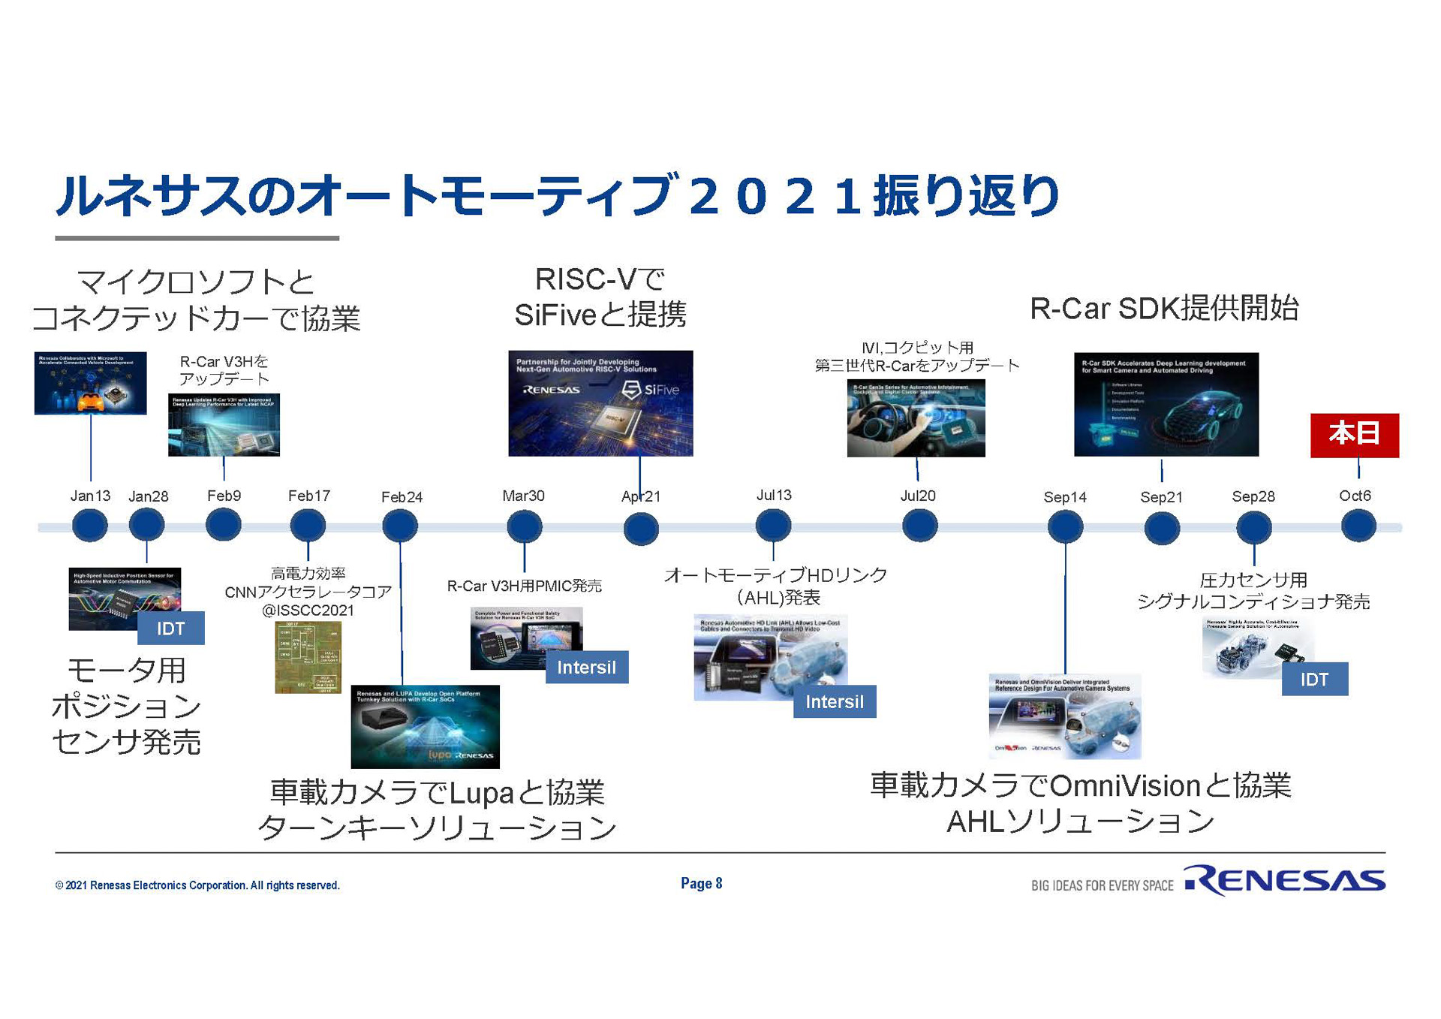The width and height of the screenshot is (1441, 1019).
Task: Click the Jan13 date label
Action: [x=90, y=496]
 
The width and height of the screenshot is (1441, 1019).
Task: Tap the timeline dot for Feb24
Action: [x=400, y=526]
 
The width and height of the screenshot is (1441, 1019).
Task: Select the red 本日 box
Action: [x=1354, y=435]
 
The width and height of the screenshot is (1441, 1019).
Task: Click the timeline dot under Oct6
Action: [x=1358, y=526]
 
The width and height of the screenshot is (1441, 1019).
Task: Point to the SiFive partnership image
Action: [x=600, y=403]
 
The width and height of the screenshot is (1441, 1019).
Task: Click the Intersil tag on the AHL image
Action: [x=834, y=701]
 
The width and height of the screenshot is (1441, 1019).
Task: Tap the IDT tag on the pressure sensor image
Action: [x=1314, y=679]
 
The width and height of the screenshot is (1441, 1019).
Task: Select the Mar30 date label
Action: [x=523, y=496]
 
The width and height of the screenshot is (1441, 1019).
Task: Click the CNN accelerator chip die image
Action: [x=308, y=657]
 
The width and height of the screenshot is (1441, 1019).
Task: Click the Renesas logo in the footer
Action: [x=1284, y=881]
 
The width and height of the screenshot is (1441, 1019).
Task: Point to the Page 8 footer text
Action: [x=701, y=883]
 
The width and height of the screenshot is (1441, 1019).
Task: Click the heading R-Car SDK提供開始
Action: [x=1164, y=308]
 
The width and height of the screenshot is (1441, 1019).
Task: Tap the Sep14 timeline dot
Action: [x=1065, y=526]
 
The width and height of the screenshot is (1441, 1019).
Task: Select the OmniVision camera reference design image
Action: [x=1064, y=716]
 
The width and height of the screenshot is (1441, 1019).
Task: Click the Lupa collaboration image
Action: [x=425, y=726]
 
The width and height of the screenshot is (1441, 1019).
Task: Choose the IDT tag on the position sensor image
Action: [x=170, y=629]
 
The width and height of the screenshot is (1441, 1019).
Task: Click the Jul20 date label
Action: [x=918, y=496]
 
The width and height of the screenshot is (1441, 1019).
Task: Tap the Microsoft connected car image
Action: [x=90, y=383]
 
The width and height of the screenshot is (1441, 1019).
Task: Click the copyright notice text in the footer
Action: [x=197, y=885]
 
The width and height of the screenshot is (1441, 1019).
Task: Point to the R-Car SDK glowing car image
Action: [x=1166, y=405]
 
